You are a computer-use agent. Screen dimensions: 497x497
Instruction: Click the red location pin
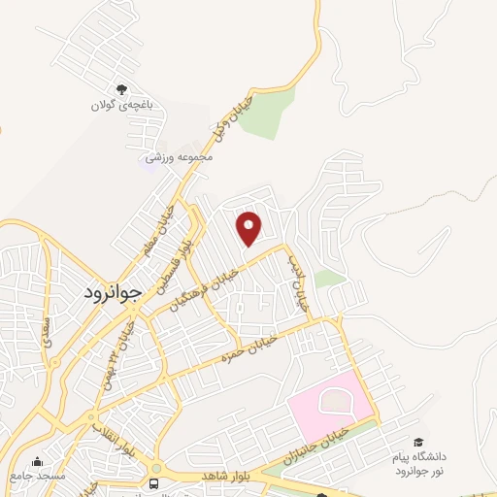click(x=249, y=227)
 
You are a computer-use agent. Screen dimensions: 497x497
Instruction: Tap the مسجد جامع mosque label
click(x=36, y=477)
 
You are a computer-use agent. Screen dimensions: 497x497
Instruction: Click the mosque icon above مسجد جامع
click(x=37, y=461)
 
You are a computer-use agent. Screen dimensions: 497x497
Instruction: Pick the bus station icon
click(x=153, y=482)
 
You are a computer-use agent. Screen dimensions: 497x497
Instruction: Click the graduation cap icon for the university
click(x=418, y=442)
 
